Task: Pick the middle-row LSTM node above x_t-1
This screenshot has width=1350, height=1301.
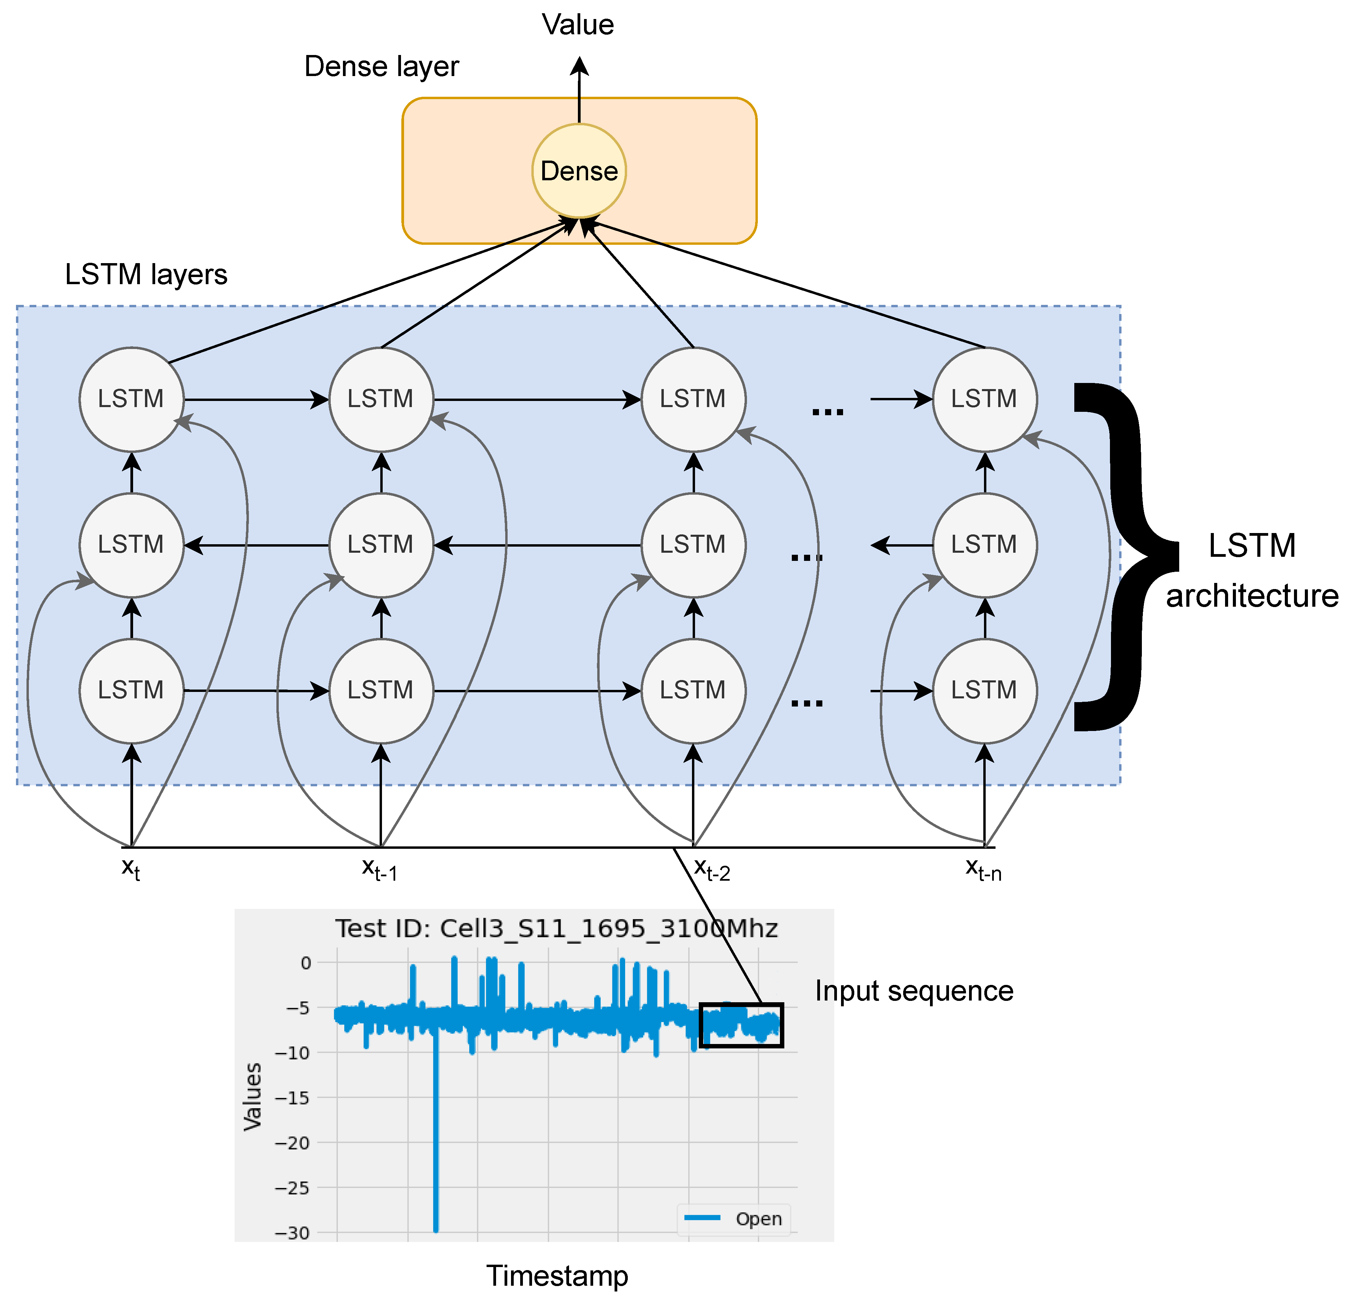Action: tap(381, 545)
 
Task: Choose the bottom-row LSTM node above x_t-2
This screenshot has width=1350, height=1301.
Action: tap(693, 690)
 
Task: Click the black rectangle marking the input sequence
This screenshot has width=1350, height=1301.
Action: tap(741, 1025)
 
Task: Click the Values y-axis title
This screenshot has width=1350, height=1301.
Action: tap(253, 1097)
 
